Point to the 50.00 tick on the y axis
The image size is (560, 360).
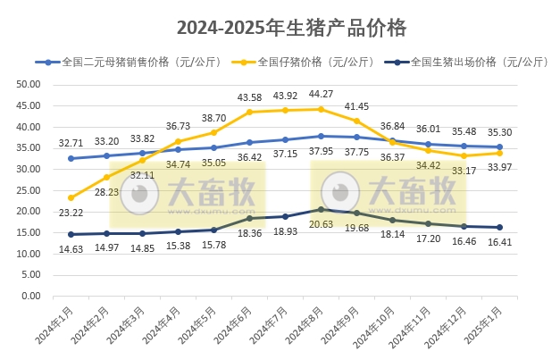(x=28, y=84)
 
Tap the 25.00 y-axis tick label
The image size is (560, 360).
(x=28, y=190)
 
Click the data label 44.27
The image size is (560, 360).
(x=322, y=94)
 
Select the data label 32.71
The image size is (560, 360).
(x=71, y=142)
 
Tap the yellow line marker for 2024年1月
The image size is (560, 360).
(x=71, y=197)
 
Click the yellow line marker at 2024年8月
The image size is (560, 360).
(x=321, y=109)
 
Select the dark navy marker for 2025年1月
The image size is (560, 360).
(x=499, y=227)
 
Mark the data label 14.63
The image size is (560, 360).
(x=71, y=249)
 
